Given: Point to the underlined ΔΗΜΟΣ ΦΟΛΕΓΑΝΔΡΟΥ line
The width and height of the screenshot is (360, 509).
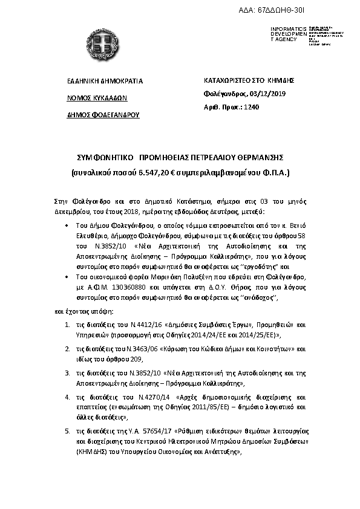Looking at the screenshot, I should [103, 114].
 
